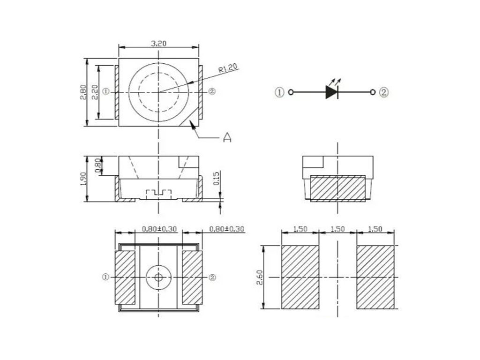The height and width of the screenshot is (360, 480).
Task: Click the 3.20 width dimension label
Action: click(159, 43)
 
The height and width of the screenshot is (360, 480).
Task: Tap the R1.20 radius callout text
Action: click(228, 69)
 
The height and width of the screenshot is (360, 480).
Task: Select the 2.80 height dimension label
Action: click(82, 92)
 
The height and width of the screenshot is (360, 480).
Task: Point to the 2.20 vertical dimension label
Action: click(95, 92)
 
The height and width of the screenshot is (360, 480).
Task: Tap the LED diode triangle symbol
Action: click(332, 92)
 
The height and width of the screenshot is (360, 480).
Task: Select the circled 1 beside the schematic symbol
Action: click(279, 92)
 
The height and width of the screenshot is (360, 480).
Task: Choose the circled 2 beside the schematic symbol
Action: click(384, 92)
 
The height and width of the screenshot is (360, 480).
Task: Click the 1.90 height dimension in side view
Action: click(82, 179)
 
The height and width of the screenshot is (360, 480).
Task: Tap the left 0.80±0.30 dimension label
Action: click(159, 229)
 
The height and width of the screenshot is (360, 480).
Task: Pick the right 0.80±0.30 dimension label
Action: click(227, 229)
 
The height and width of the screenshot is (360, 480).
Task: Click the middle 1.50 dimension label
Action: click(337, 229)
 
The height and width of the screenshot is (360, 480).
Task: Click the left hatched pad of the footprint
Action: click(300, 277)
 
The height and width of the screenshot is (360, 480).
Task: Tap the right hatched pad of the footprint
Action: click(375, 277)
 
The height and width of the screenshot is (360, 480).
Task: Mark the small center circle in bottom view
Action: click(158, 277)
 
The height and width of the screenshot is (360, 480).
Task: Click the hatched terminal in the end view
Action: click(337, 188)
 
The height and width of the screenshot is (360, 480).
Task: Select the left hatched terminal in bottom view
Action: click(125, 277)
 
